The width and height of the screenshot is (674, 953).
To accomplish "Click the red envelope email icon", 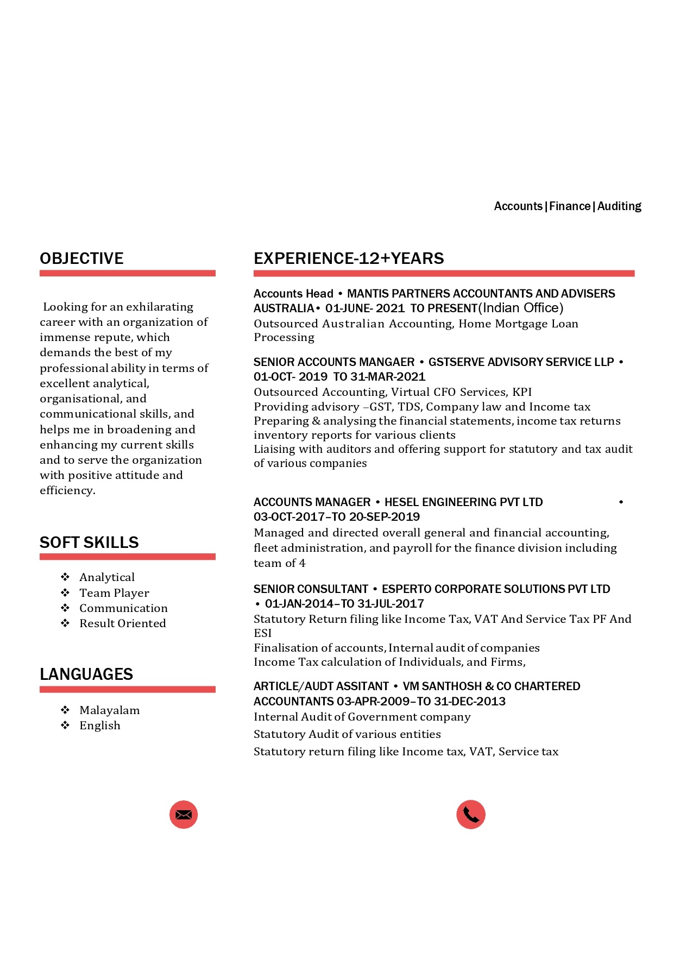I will pos(184,815).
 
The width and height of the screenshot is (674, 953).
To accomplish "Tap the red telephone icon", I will pos(470,815).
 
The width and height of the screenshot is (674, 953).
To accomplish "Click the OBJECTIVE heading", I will pos(81,258).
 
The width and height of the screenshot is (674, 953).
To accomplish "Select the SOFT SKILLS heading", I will pos(89,542).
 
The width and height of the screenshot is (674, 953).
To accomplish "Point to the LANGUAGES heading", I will pos(86,674).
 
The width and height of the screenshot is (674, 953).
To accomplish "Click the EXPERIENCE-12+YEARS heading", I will pos(349,258).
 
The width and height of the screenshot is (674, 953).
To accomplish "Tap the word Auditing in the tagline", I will pos(619,206).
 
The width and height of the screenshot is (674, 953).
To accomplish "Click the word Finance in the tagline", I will pos(570,206).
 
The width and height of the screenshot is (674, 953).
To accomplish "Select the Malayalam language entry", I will pos(110,710).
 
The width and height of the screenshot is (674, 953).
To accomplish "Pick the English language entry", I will pos(100,725).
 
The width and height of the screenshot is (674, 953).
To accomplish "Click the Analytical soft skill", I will pos(107,577).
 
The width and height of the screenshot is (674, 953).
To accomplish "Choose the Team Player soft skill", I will pos(114,593).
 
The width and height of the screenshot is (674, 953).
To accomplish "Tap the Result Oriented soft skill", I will pos(123,623).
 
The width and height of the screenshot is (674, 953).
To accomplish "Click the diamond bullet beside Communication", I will pos(65,608).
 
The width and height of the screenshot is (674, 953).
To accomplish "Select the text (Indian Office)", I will pos(521,308).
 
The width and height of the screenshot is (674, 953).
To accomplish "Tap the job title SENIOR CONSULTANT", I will pos(311,589).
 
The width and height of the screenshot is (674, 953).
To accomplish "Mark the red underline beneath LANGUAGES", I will pos(128,690).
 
